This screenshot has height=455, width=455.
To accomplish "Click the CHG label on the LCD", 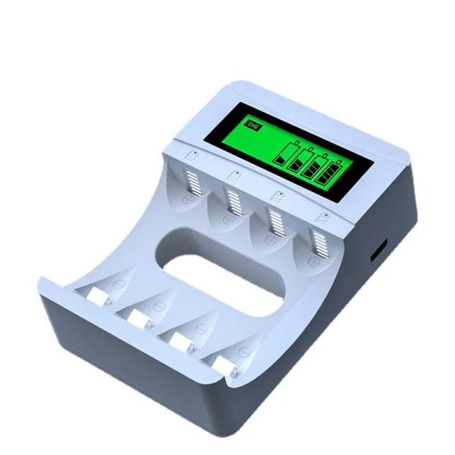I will coord(252,125).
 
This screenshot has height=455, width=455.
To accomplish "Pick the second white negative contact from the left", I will coord(140,316).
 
